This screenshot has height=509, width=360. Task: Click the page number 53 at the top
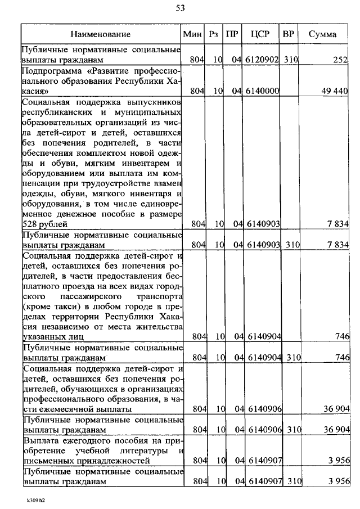(180, 8)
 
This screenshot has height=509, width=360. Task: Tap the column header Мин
(193, 34)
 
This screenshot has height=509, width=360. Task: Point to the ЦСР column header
(261, 34)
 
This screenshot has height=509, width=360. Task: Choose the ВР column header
(289, 34)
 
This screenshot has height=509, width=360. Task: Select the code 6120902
(259, 60)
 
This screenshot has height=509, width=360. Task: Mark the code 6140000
(259, 91)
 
